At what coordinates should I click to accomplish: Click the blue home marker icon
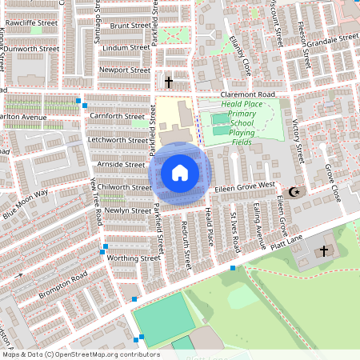coord(179,172)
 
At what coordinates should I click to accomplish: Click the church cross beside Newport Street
coord(168,82)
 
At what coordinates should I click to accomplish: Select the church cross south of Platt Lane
coord(324,251)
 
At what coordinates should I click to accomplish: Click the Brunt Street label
coord(130,26)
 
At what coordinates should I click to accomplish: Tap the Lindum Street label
coord(126,48)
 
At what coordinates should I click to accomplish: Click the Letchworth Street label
coord(118,140)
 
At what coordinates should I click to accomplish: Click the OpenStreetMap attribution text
coord(80,354)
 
